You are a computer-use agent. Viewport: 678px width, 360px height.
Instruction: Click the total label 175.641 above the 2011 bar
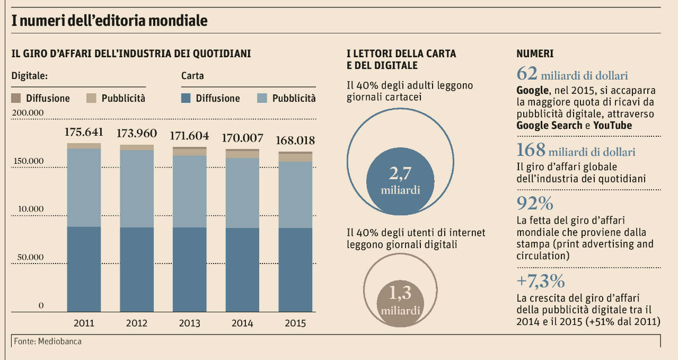click(x=84, y=132)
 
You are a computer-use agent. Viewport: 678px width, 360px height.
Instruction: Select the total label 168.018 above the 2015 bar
click(x=295, y=141)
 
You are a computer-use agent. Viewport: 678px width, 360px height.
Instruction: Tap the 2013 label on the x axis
click(x=189, y=323)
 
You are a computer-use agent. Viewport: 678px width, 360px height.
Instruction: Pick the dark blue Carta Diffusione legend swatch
click(x=186, y=98)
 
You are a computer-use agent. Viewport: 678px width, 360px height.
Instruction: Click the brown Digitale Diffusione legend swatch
click(x=16, y=98)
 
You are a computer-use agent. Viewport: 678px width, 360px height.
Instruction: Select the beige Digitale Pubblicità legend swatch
click(x=92, y=98)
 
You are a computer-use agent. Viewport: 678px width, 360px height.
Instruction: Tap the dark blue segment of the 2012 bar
click(x=137, y=269)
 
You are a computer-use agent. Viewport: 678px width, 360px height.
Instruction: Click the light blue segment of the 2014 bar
click(x=242, y=193)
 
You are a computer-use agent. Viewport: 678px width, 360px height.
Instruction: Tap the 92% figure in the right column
click(x=534, y=204)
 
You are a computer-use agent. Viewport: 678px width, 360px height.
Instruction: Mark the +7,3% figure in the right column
click(x=540, y=280)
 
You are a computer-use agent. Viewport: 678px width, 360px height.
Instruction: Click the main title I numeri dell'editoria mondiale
click(x=110, y=21)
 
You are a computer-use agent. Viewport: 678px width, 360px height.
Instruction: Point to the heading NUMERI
click(x=534, y=54)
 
